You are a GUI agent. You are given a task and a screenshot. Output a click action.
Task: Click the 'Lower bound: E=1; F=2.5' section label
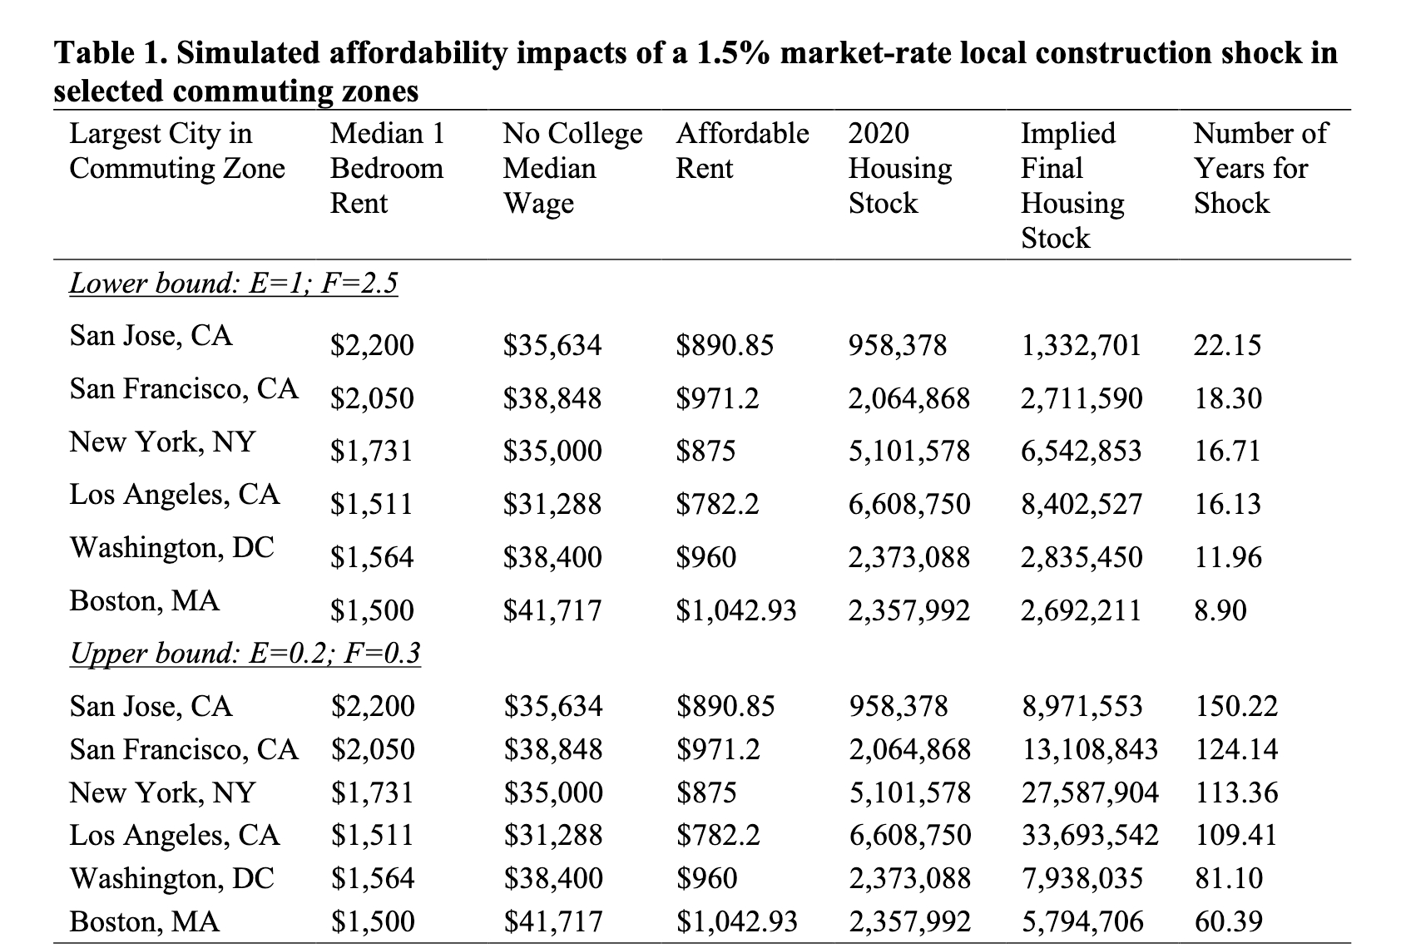pos(233,284)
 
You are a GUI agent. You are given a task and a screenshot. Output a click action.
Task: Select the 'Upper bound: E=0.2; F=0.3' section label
pos(245,654)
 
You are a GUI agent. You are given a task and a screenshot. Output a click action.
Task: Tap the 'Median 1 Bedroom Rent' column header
pos(387,168)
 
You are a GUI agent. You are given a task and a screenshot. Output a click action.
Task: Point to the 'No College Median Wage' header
pos(572,168)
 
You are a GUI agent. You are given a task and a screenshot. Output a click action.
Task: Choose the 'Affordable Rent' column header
pos(742,151)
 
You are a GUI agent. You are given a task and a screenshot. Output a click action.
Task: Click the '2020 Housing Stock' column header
pos(899,168)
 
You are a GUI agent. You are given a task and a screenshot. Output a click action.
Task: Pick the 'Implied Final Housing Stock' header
pos(1072,185)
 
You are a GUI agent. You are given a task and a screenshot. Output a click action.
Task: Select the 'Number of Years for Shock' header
pos(1260,168)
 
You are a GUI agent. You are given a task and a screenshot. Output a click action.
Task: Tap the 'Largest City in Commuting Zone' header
pos(176,151)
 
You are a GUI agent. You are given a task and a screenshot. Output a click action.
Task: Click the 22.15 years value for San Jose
pos(1227,345)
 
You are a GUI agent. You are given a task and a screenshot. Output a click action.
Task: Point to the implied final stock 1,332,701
pos(1081,345)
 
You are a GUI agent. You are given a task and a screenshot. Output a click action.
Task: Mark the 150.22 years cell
pos(1235,707)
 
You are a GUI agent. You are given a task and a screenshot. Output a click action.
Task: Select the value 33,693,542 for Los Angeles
pos(1089,834)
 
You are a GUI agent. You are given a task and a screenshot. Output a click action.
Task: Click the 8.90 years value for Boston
pos(1220,611)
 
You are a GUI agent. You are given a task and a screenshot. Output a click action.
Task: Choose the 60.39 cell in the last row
pos(1229,921)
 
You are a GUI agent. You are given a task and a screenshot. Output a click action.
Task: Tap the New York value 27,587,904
pos(1089,792)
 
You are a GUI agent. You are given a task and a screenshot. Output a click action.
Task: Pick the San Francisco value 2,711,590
pos(1081,398)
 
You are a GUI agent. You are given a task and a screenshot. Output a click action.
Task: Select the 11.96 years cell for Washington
pos(1228,557)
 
